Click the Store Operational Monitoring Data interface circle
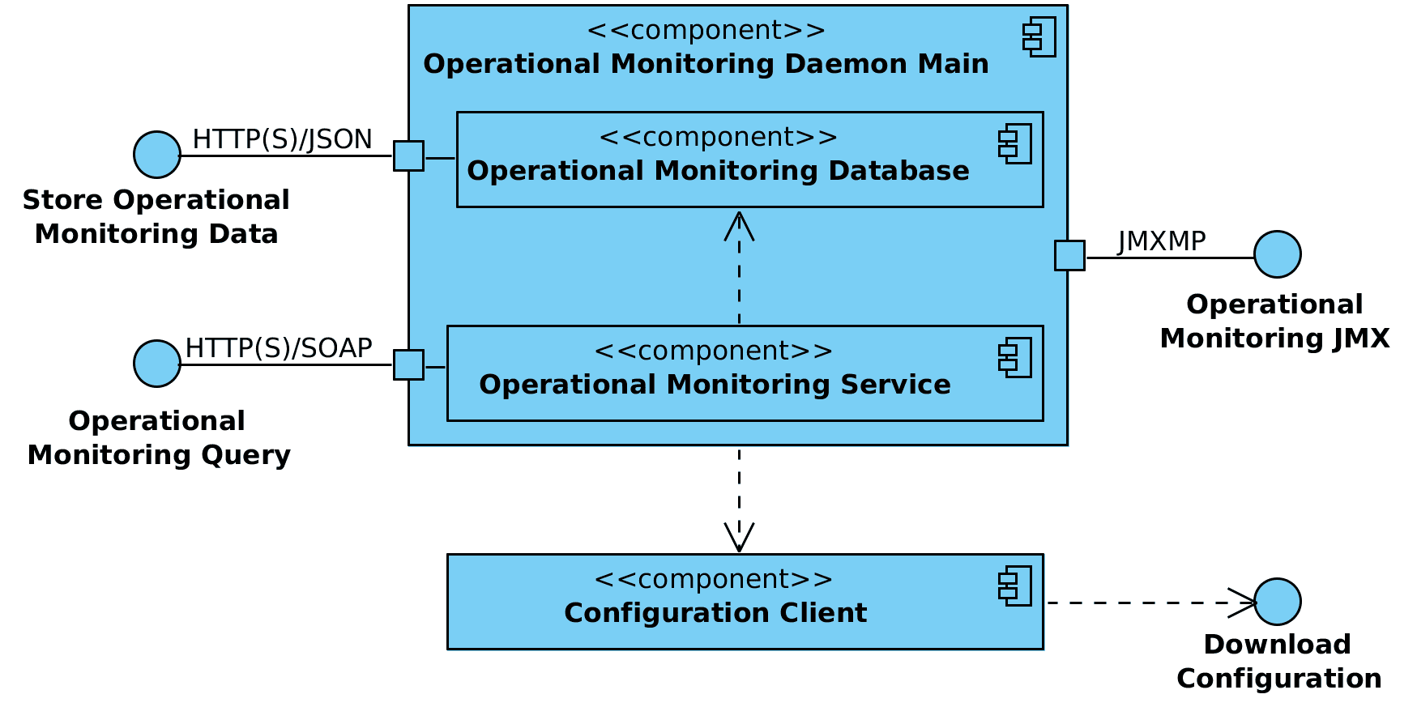click(x=156, y=155)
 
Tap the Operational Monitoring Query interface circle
click(x=156, y=364)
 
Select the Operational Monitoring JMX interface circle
click(x=1277, y=254)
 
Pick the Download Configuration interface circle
click(x=1277, y=602)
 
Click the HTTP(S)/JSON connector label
click(x=282, y=139)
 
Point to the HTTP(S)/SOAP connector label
click(x=278, y=348)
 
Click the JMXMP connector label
click(x=1161, y=241)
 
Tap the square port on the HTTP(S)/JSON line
click(x=408, y=155)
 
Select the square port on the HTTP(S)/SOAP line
click(x=408, y=364)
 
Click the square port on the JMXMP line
click(x=1069, y=255)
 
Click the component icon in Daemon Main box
click(x=1039, y=36)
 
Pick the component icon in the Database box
click(x=1015, y=143)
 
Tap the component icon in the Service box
click(x=1015, y=357)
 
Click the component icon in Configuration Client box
click(x=1015, y=586)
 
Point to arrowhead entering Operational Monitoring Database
click(x=739, y=224)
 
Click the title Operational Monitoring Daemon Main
click(x=706, y=64)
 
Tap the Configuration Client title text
click(x=715, y=613)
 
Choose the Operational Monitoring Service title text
click(x=715, y=385)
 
